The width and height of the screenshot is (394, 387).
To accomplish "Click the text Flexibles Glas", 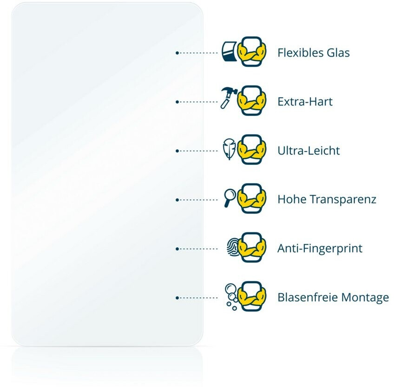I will pyautogui.click(x=313, y=52).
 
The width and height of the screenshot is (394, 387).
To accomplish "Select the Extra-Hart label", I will pyautogui.click(x=305, y=101).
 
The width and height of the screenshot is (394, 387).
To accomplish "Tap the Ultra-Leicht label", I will pyautogui.click(x=309, y=151).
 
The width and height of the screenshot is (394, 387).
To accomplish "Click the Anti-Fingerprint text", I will pyautogui.click(x=320, y=249).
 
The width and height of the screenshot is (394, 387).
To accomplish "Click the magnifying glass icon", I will pyautogui.click(x=230, y=197).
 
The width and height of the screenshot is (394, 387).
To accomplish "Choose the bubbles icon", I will pyautogui.click(x=230, y=295).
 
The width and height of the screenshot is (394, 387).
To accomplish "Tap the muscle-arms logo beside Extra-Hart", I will pyautogui.click(x=252, y=100).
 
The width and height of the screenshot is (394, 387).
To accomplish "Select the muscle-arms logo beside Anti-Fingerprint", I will pyautogui.click(x=252, y=247).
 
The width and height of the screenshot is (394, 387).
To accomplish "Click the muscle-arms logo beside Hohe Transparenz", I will pyautogui.click(x=252, y=198).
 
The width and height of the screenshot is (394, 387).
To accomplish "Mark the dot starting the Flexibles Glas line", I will pyautogui.click(x=177, y=53).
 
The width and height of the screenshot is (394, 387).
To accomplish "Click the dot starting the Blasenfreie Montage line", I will pyautogui.click(x=177, y=298).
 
